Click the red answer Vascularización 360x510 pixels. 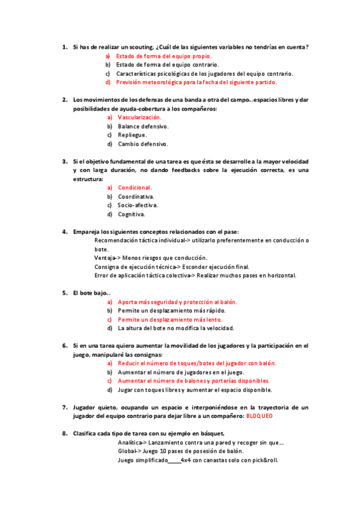pos(139,117)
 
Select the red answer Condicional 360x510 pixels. pos(135,188)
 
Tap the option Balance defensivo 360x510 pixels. pos(143,126)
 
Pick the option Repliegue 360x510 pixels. pos(132,135)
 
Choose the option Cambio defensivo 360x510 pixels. pos(143,144)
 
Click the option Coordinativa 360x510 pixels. pos(136,197)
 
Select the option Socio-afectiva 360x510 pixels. pos(138,205)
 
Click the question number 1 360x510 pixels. pos(64,47)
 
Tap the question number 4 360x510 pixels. pos(64,232)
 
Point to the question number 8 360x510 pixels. pos(64,434)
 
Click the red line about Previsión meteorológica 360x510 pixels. pos(197,82)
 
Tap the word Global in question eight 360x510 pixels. pos(127,452)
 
